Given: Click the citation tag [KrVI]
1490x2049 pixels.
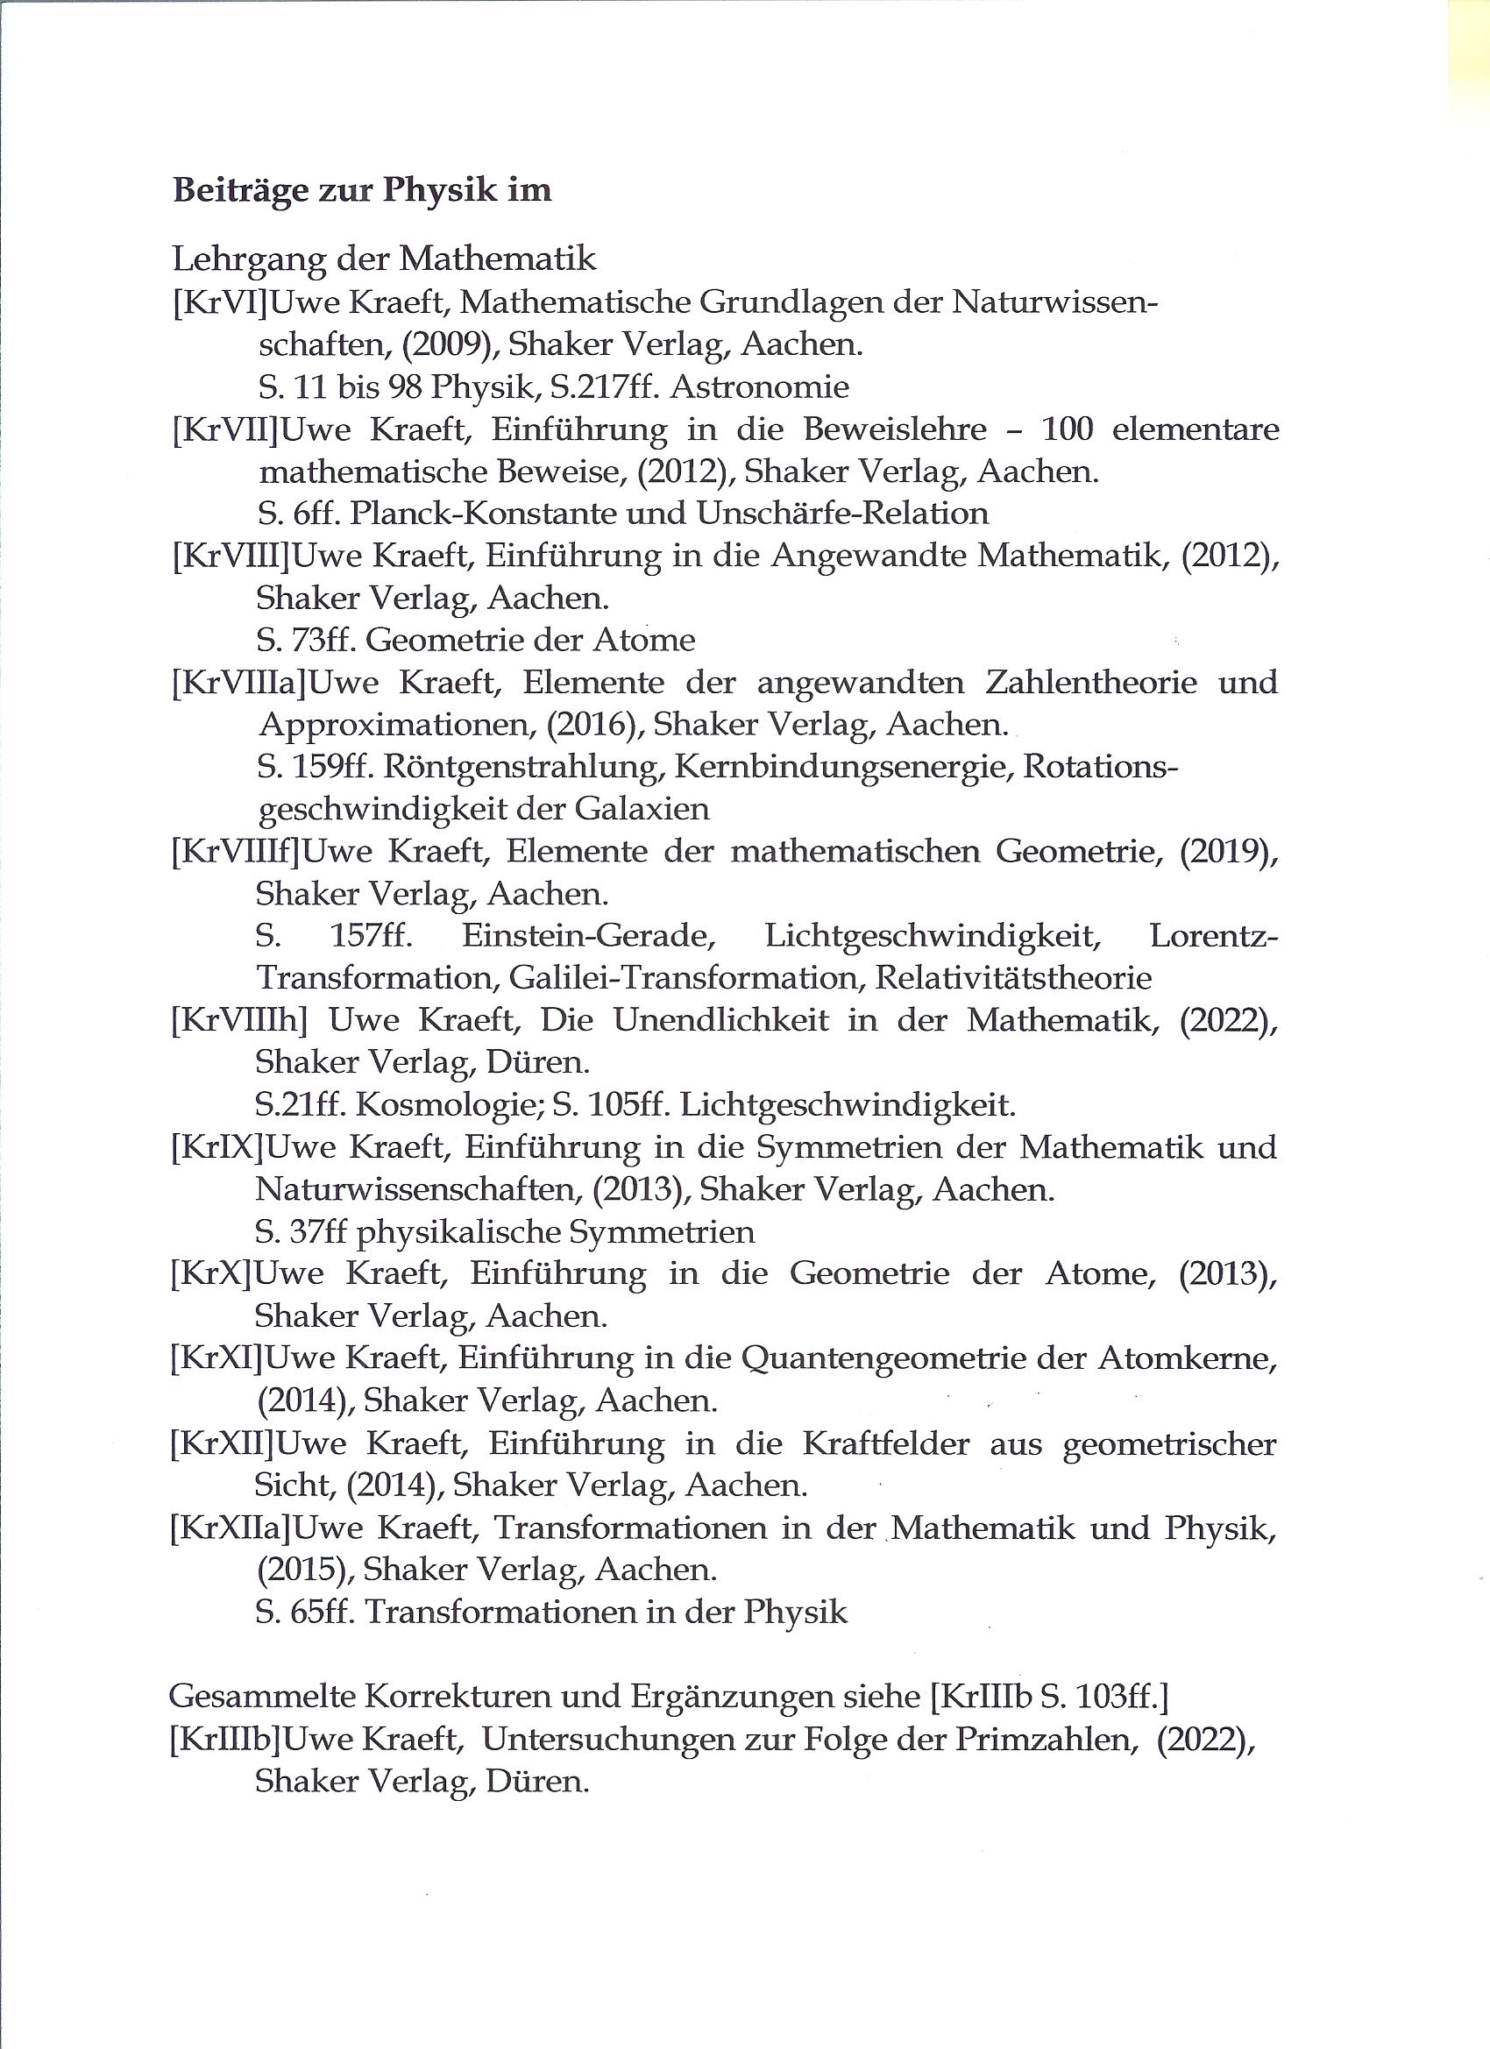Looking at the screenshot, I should (x=220, y=302).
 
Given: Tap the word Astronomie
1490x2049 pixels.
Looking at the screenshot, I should (x=760, y=387).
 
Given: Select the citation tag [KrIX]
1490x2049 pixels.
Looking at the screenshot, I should (x=216, y=1147).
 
